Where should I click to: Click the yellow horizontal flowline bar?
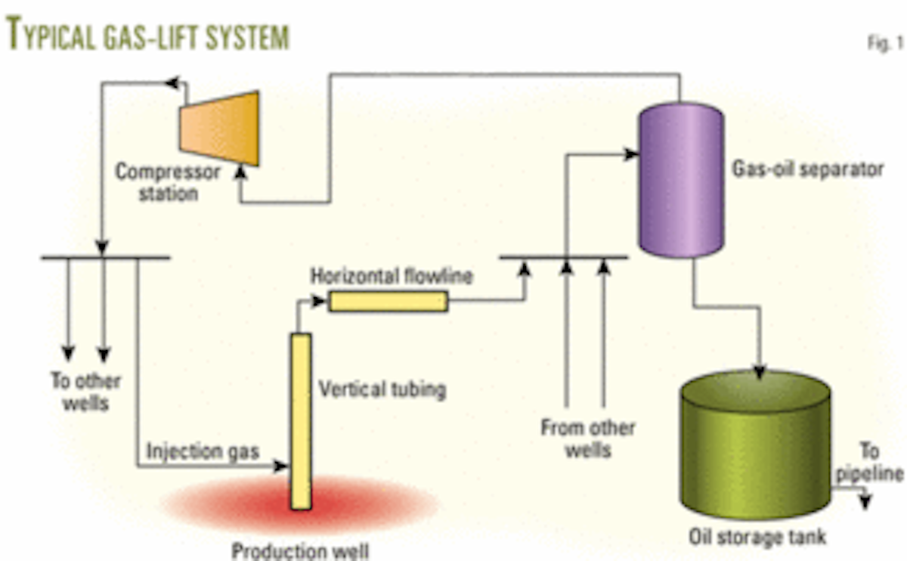click(x=388, y=302)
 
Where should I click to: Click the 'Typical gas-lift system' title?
click(x=148, y=36)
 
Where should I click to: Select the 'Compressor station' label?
click(x=168, y=182)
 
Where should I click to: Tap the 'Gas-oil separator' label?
click(x=806, y=169)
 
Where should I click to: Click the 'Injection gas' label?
click(x=203, y=452)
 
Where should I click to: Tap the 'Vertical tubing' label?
click(x=382, y=390)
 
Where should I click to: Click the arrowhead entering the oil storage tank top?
click(x=760, y=372)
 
